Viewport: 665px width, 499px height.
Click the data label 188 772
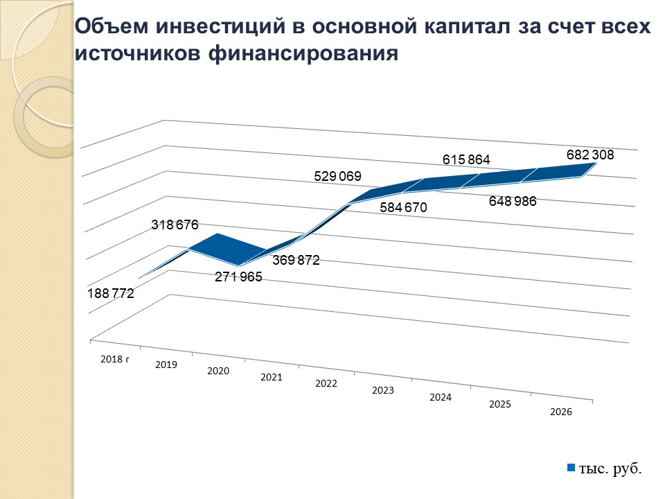[111, 293]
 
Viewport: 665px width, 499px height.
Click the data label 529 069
[338, 177]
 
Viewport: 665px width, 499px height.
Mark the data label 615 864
[467, 160]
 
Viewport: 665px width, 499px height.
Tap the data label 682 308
[590, 155]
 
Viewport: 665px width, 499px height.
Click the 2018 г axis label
[115, 358]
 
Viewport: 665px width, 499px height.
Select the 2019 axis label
[166, 364]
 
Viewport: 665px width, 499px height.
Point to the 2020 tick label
[218, 371]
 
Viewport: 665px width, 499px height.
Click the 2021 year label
[272, 377]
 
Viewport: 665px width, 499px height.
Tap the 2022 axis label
[326, 383]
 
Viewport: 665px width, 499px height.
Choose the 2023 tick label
[382, 390]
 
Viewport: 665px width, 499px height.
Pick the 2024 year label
[441, 397]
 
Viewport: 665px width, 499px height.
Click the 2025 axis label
[499, 404]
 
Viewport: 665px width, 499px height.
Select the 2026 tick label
[560, 412]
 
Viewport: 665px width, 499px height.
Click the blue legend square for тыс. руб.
[571, 469]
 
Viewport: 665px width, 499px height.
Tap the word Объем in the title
[109, 26]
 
